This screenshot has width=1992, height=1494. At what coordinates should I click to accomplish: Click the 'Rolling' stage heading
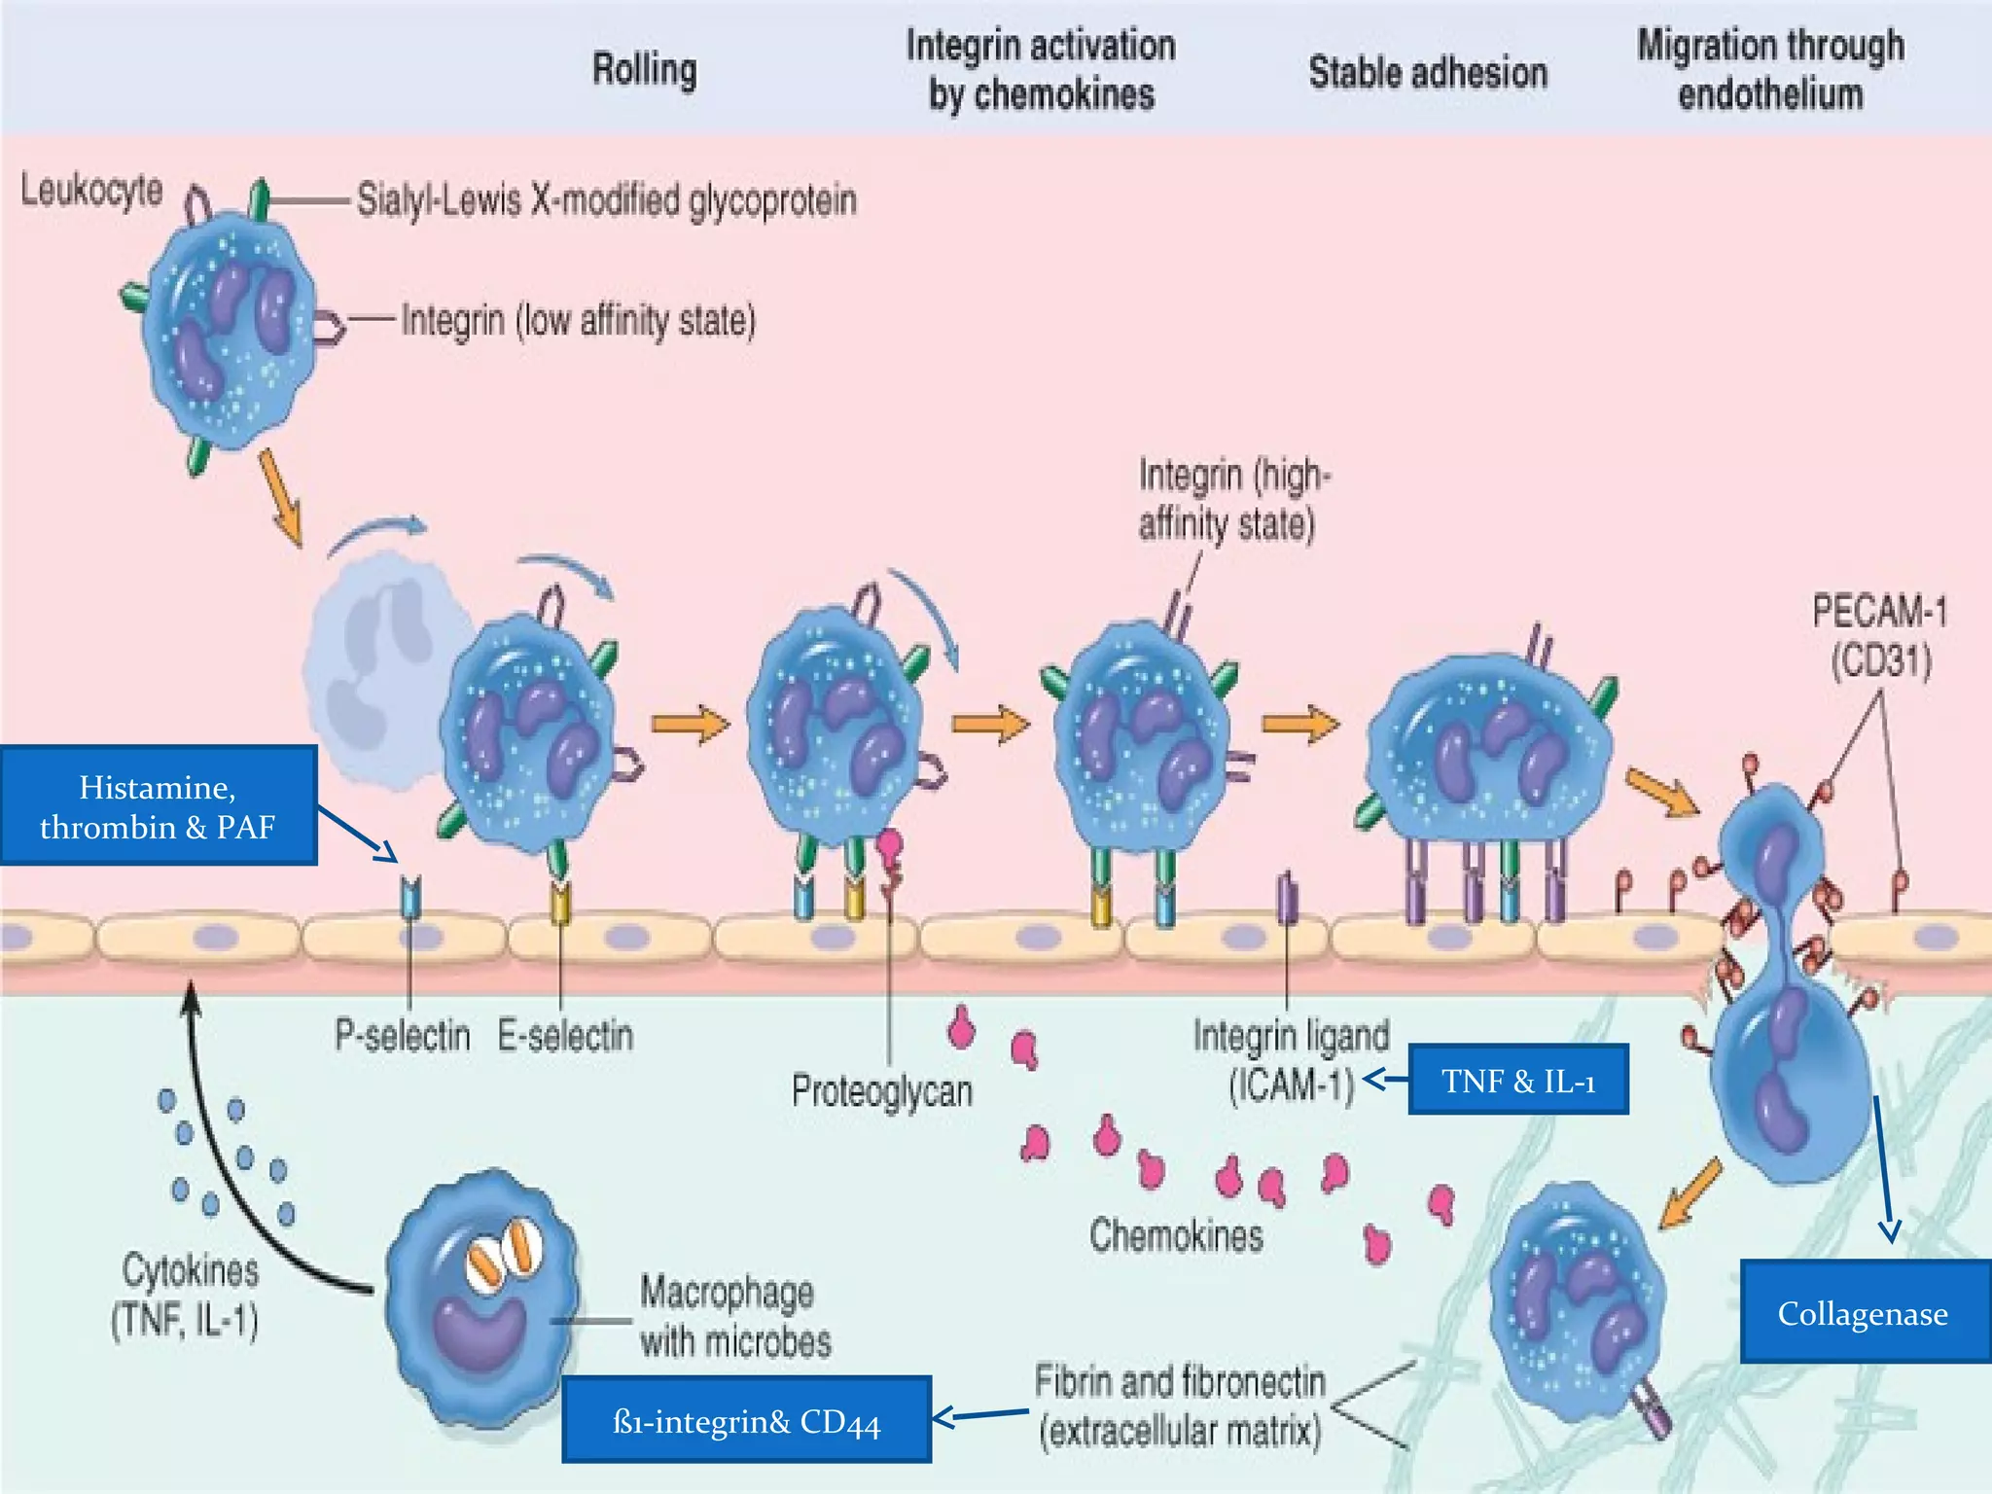click(x=645, y=70)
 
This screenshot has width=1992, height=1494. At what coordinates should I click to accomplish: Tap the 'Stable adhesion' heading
click(x=1427, y=73)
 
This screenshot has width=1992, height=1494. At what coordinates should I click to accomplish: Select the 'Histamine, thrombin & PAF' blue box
click(x=158, y=806)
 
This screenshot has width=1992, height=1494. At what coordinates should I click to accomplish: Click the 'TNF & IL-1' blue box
click(x=1517, y=1080)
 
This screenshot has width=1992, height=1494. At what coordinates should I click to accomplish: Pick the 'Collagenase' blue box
click(x=1863, y=1313)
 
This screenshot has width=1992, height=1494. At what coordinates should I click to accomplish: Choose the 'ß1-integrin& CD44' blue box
click(x=746, y=1421)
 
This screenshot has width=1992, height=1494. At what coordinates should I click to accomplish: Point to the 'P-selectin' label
click(x=402, y=1035)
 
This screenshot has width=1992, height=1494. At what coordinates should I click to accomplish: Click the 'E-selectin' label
click(x=565, y=1035)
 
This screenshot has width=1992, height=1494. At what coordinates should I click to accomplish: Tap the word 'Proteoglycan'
click(x=881, y=1091)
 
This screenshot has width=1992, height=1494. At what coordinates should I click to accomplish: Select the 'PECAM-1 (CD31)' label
click(x=1879, y=636)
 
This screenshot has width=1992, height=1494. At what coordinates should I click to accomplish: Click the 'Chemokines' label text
click(x=1175, y=1235)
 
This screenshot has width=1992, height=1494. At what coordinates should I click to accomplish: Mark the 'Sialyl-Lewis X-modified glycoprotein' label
click(x=606, y=200)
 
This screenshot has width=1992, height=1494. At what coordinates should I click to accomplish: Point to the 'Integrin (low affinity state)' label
click(x=578, y=320)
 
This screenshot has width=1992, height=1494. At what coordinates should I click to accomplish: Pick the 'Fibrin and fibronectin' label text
click(x=1179, y=1381)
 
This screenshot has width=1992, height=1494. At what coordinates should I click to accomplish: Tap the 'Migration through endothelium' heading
click(x=1769, y=70)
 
